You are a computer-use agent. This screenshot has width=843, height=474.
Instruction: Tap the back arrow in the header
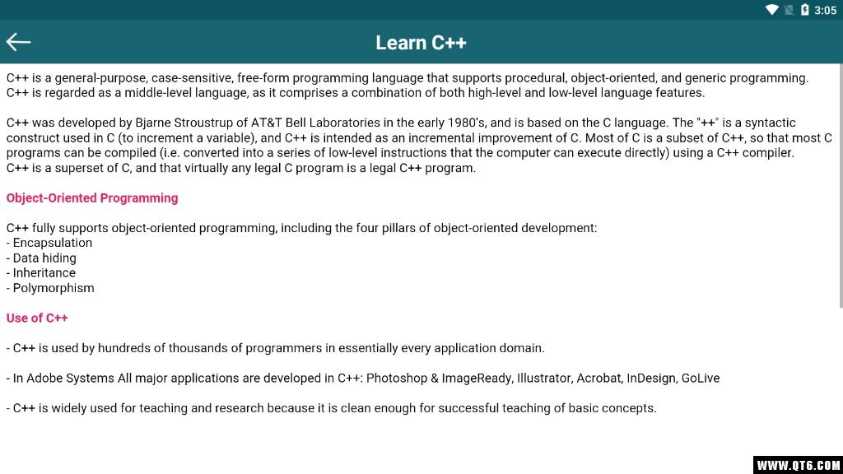pos(18,42)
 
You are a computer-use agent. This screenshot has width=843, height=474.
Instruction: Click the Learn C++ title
pos(421,43)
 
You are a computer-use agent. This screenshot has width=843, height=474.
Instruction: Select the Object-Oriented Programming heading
pos(92,197)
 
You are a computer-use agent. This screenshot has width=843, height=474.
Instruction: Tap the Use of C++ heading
pos(37,318)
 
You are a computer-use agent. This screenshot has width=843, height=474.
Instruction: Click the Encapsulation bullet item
pos(52,243)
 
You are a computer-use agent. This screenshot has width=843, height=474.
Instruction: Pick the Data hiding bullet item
pos(44,258)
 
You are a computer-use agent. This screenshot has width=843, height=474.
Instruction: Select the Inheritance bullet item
pos(44,272)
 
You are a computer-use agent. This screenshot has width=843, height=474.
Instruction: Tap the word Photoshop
pos(396,379)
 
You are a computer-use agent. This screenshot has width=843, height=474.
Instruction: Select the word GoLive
pos(700,379)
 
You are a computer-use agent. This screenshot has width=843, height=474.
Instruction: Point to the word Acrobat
pos(598,379)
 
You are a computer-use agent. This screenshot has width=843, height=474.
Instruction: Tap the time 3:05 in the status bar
pos(825,10)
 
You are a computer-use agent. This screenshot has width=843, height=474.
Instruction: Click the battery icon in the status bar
pos(804,10)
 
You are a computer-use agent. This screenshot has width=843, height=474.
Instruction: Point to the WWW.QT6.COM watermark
pos(798,465)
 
